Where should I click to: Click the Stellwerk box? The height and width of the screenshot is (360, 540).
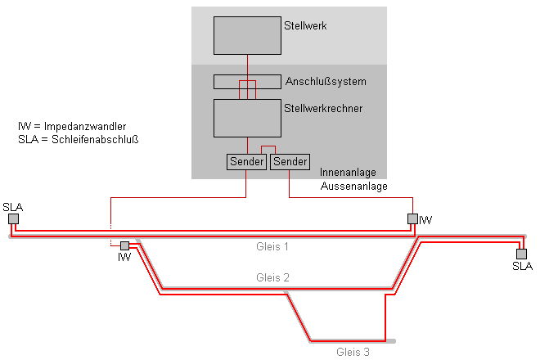[x=247, y=34]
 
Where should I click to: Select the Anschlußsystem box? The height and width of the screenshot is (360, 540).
[x=247, y=82]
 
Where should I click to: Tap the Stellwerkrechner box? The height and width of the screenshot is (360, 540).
[x=247, y=118]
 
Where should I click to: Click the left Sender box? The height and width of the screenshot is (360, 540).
[x=247, y=162]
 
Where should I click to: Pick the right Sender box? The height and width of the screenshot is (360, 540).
[x=290, y=162]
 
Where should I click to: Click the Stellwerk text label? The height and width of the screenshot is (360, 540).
[x=305, y=26]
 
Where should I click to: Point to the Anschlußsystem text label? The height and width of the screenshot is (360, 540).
[x=326, y=82]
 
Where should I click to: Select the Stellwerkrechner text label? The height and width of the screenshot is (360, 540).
[x=323, y=107]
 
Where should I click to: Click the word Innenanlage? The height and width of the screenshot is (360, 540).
[x=348, y=173]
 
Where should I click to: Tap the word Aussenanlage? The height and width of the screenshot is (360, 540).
[x=353, y=186]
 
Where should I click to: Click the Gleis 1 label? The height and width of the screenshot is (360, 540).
[x=272, y=245]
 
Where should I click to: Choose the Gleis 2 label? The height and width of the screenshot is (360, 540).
[x=272, y=277]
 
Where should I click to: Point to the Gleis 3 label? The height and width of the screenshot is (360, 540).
[x=353, y=352]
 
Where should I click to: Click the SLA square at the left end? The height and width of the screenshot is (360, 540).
[x=13, y=218]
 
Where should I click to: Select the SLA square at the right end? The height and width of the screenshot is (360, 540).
[x=521, y=254]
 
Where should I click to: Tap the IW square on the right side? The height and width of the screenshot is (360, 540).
[x=412, y=218]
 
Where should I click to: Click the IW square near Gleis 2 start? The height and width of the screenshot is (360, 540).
[x=124, y=245]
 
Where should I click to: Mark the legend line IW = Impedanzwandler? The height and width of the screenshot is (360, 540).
[x=71, y=127]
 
